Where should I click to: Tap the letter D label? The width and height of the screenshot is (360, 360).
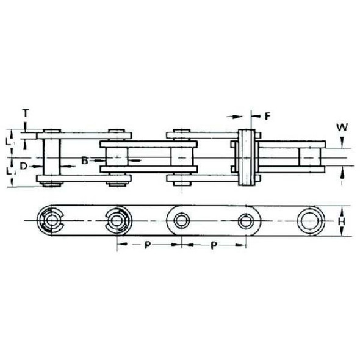pos(23,165)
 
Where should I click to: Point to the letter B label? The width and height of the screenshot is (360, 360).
pos(85,160)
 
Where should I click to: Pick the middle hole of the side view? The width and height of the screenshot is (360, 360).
pos(181,220)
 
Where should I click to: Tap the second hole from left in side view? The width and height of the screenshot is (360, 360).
pos(116,220)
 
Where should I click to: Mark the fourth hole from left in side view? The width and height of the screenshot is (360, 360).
pos(247,220)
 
